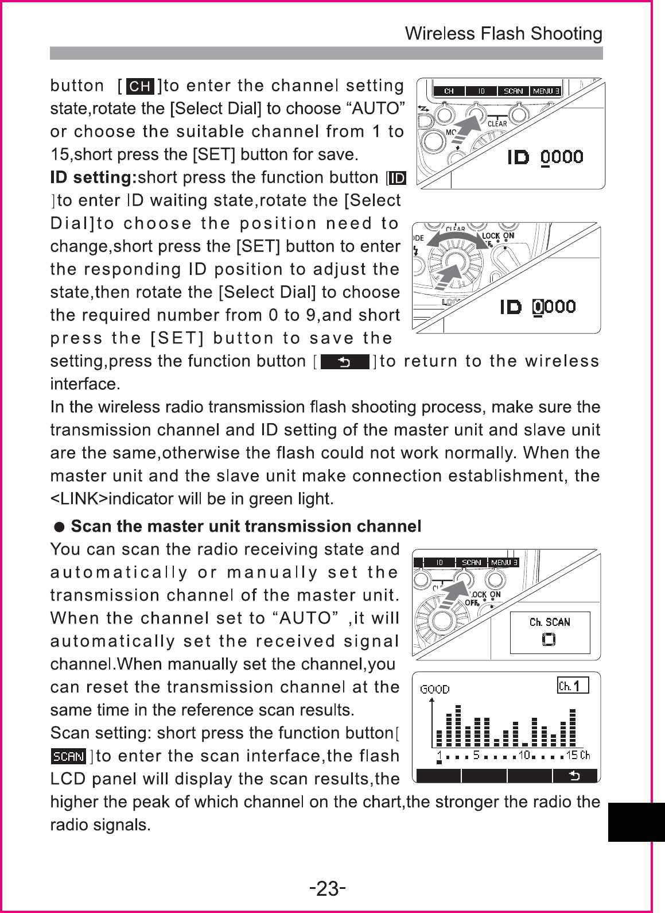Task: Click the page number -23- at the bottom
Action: (327, 889)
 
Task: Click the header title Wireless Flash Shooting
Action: (503, 34)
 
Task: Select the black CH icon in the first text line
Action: (140, 87)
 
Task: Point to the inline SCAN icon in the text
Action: (68, 756)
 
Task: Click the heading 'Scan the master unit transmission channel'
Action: (245, 527)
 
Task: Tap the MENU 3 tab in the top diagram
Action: (546, 91)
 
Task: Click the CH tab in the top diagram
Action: (449, 91)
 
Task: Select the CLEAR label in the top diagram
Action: (497, 123)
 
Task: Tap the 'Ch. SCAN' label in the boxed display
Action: (550, 622)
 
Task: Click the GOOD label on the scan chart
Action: (435, 690)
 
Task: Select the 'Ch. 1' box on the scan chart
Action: (573, 686)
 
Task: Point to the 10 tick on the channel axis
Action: (524, 755)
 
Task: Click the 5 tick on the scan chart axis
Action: (477, 755)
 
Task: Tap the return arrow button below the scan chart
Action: (574, 776)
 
